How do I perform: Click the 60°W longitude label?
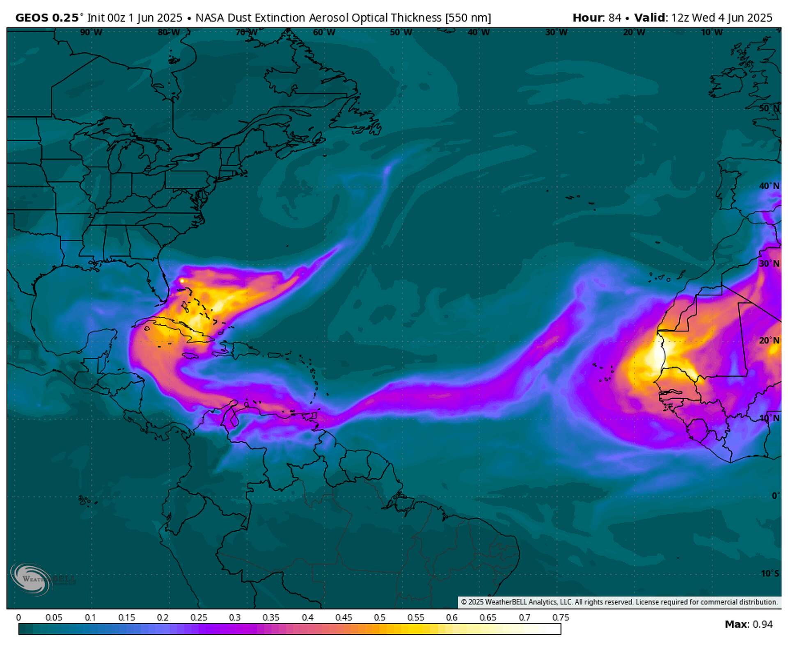(324, 32)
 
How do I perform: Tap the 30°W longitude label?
(556, 32)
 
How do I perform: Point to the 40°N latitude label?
(769, 186)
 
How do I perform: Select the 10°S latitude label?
(770, 574)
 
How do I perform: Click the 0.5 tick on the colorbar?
(380, 617)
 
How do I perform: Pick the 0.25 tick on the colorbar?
(199, 617)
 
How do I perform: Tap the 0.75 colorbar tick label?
(561, 617)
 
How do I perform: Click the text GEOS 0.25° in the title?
(47, 18)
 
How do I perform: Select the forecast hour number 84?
(614, 18)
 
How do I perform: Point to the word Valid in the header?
(650, 18)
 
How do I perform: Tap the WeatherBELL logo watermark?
(31, 579)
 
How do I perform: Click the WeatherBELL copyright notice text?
(619, 602)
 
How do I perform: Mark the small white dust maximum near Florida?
(181, 281)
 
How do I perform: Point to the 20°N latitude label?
(769, 341)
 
